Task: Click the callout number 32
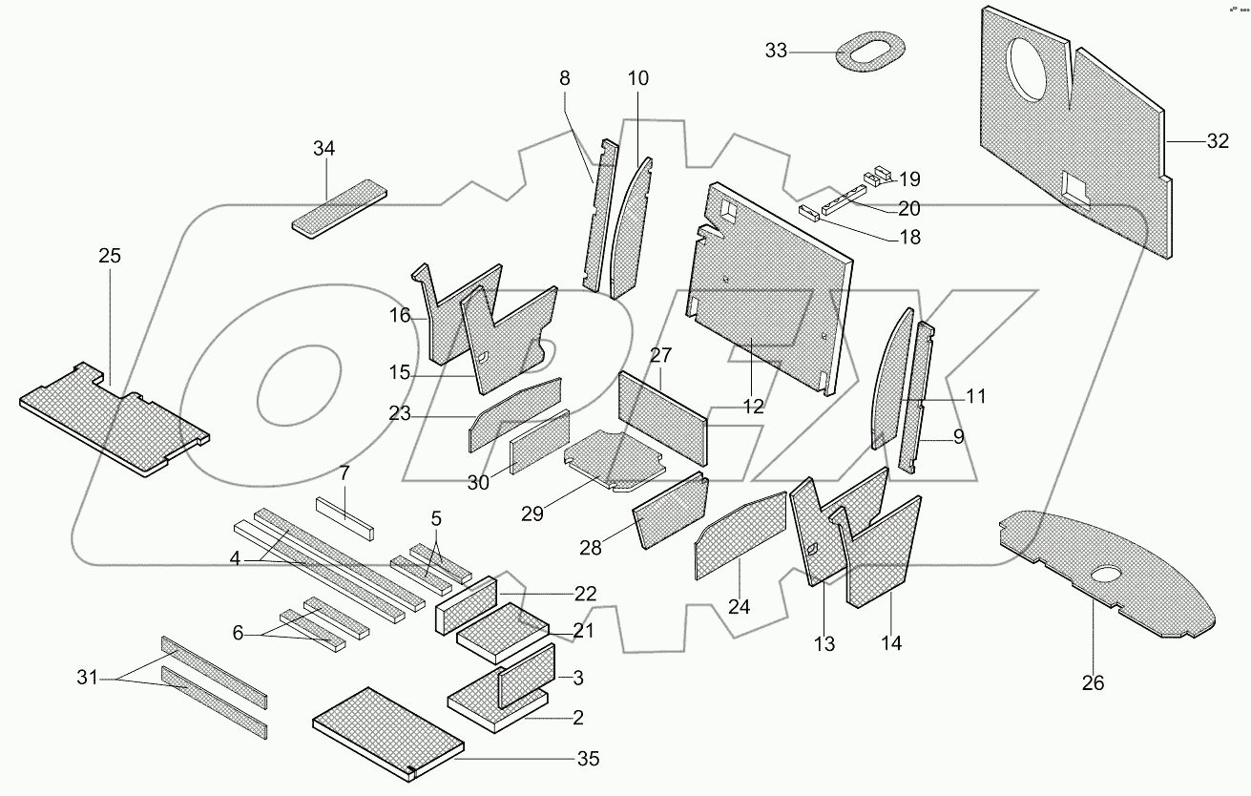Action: [1217, 141]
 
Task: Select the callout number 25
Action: [110, 256]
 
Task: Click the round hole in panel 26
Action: [1106, 576]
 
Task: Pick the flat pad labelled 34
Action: [339, 209]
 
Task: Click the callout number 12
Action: [753, 406]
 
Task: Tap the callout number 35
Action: [588, 760]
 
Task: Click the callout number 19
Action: [908, 178]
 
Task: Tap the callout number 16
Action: [400, 316]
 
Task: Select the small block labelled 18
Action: [808, 212]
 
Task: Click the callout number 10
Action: [636, 78]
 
